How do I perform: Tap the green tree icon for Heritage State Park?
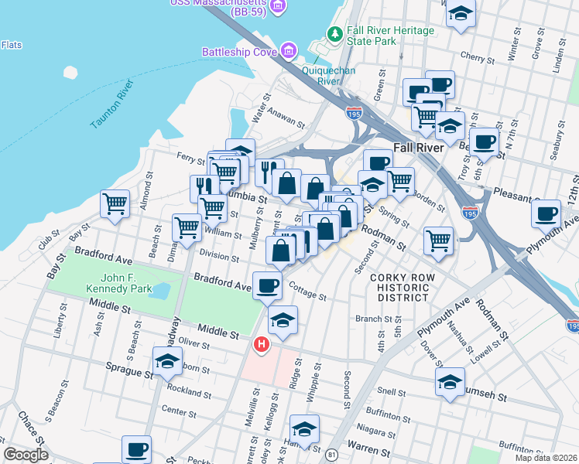(x=334, y=33)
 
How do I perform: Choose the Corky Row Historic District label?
(x=399, y=287)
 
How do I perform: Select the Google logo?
(x=26, y=455)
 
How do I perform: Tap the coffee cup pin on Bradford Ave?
(x=268, y=285)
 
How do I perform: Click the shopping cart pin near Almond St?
(x=115, y=204)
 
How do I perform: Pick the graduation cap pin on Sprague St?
(x=167, y=361)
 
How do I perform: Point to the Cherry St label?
(x=477, y=58)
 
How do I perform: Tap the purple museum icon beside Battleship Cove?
(x=289, y=52)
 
